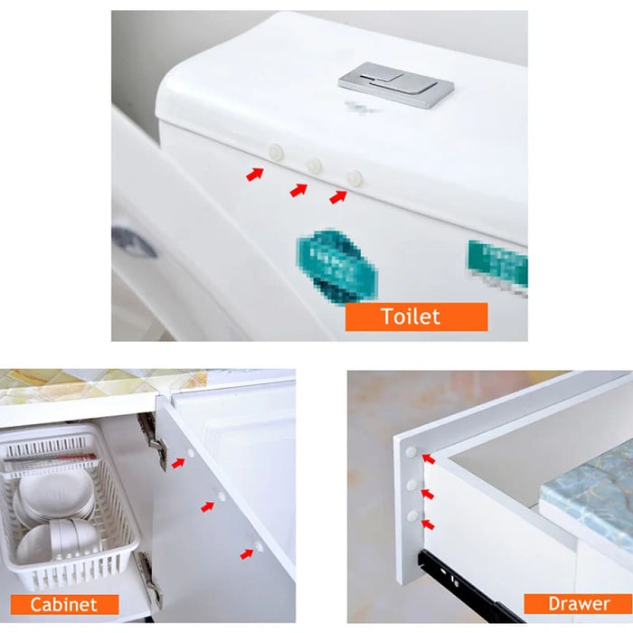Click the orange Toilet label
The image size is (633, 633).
(416, 316)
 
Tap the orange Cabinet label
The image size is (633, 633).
(64, 604)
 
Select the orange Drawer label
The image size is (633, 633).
(579, 603)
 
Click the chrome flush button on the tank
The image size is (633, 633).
(396, 83)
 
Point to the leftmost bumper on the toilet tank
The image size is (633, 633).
(276, 153)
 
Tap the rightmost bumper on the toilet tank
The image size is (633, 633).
(354, 178)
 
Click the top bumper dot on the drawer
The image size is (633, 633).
(411, 450)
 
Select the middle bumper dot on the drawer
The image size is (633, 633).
(411, 485)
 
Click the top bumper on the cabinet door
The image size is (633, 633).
(190, 450)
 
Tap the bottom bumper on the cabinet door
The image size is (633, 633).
(259, 546)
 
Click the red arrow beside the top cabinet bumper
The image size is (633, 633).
(178, 463)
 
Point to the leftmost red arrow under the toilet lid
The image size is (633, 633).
(255, 173)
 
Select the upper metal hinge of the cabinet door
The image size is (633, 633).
(151, 439)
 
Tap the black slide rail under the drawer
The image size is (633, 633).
(470, 588)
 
